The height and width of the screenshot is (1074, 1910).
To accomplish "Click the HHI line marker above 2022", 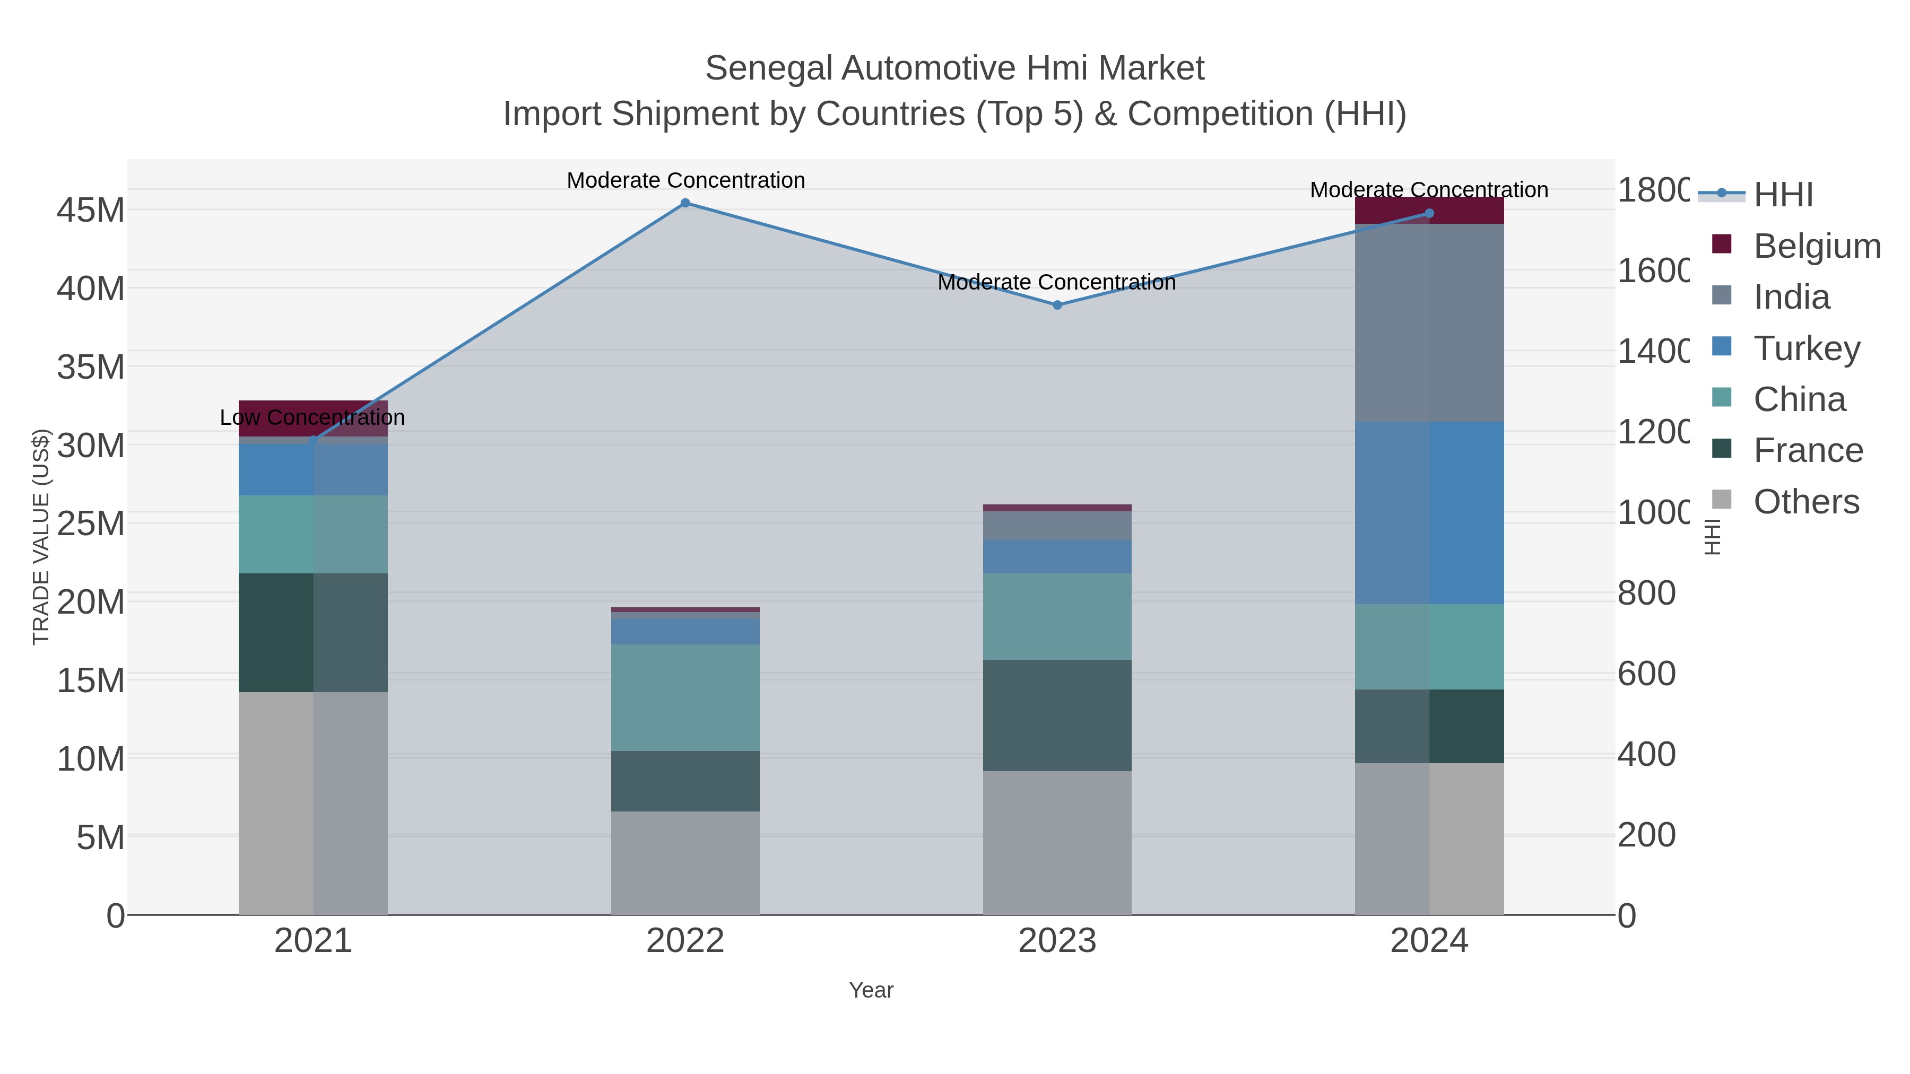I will click(x=685, y=203).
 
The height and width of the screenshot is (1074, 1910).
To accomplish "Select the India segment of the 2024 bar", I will click(x=1429, y=322).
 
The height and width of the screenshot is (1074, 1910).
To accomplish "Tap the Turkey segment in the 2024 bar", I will click(x=1429, y=512).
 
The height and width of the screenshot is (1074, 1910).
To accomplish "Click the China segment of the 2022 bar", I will click(x=685, y=697).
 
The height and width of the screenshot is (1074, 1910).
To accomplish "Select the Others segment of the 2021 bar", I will click(x=313, y=803).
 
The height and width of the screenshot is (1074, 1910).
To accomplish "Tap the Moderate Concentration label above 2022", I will click(x=685, y=180).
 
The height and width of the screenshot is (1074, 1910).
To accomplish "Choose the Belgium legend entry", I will click(x=1817, y=246).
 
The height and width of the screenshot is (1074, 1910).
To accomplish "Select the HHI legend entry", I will click(x=1783, y=194).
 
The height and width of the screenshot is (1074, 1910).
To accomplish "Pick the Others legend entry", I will click(x=1806, y=501).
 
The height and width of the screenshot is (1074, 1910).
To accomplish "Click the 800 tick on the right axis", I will click(x=1646, y=593).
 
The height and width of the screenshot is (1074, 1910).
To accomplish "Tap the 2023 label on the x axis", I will click(x=1056, y=940).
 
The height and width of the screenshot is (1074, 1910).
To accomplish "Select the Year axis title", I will click(x=871, y=990).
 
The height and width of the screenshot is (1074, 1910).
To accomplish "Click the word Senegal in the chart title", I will click(x=768, y=68).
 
